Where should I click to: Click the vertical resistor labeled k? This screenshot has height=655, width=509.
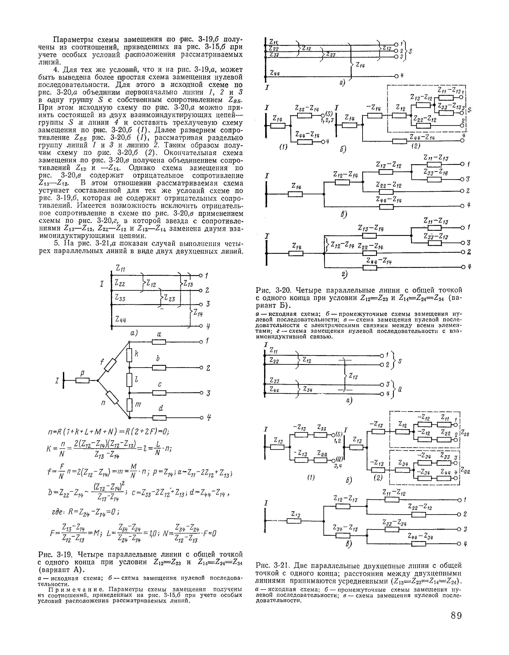pos(129,355)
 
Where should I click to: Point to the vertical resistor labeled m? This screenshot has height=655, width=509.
pos(129,405)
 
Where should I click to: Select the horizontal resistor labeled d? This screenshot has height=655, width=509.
pos(159,418)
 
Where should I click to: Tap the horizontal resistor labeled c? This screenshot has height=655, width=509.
pos(159,393)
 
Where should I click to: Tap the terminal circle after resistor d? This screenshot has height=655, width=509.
pos(202,418)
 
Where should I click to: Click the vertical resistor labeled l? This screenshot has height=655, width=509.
pos(129,380)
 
